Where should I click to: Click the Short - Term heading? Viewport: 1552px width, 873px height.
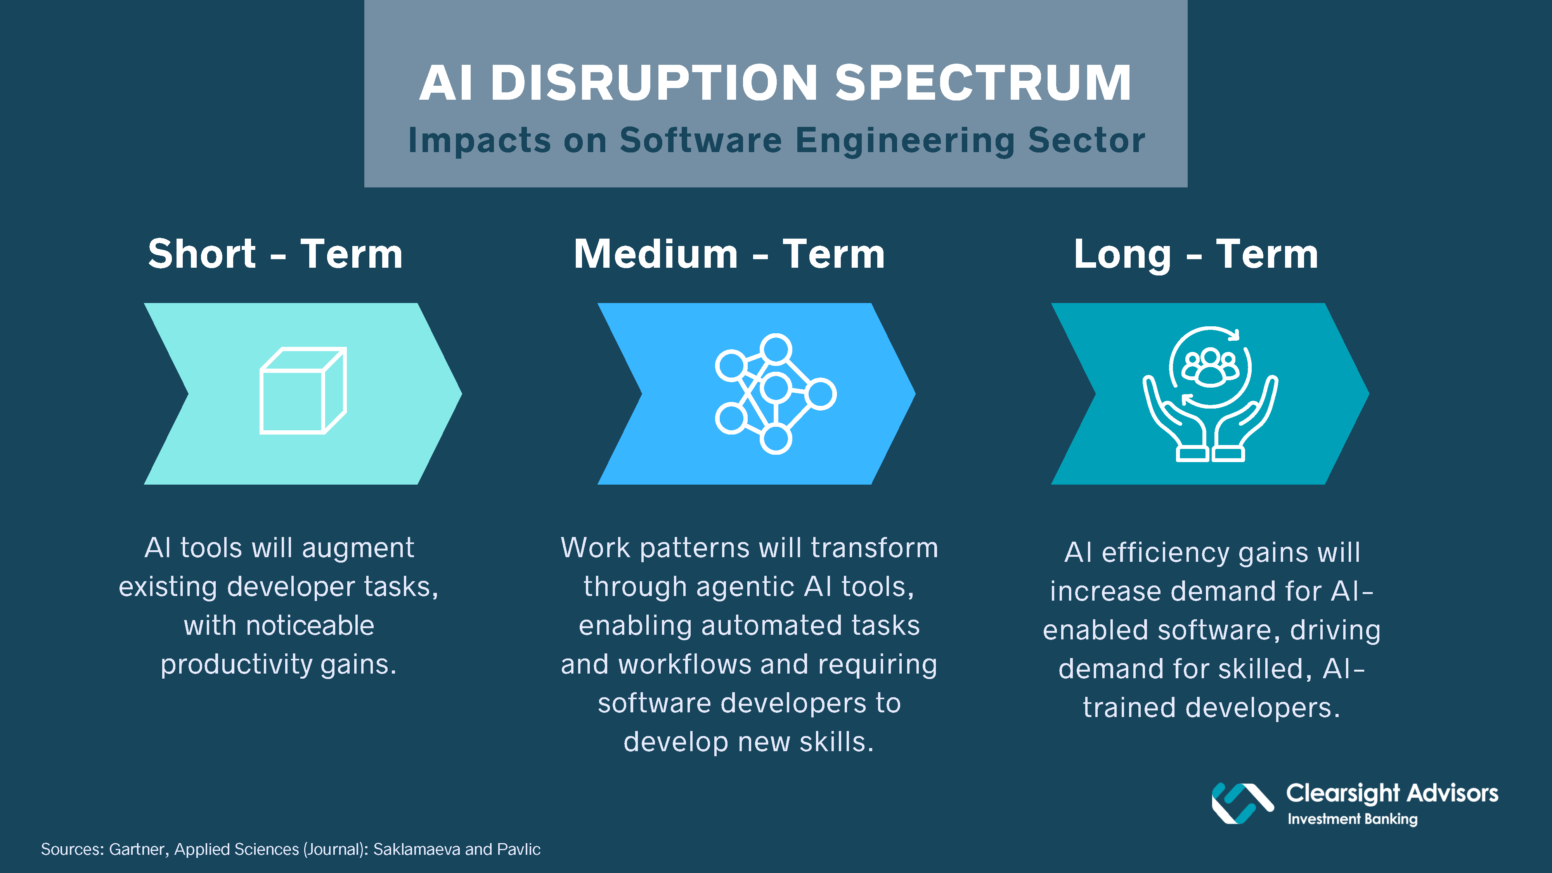[275, 254]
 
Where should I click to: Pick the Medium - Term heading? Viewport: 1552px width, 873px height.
[729, 254]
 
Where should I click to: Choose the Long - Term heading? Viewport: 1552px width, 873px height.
[1196, 254]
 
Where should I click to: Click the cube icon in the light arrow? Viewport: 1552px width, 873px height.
[303, 390]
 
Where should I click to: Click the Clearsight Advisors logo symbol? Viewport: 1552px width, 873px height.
[1242, 803]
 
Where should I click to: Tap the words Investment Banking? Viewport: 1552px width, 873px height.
[1353, 819]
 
